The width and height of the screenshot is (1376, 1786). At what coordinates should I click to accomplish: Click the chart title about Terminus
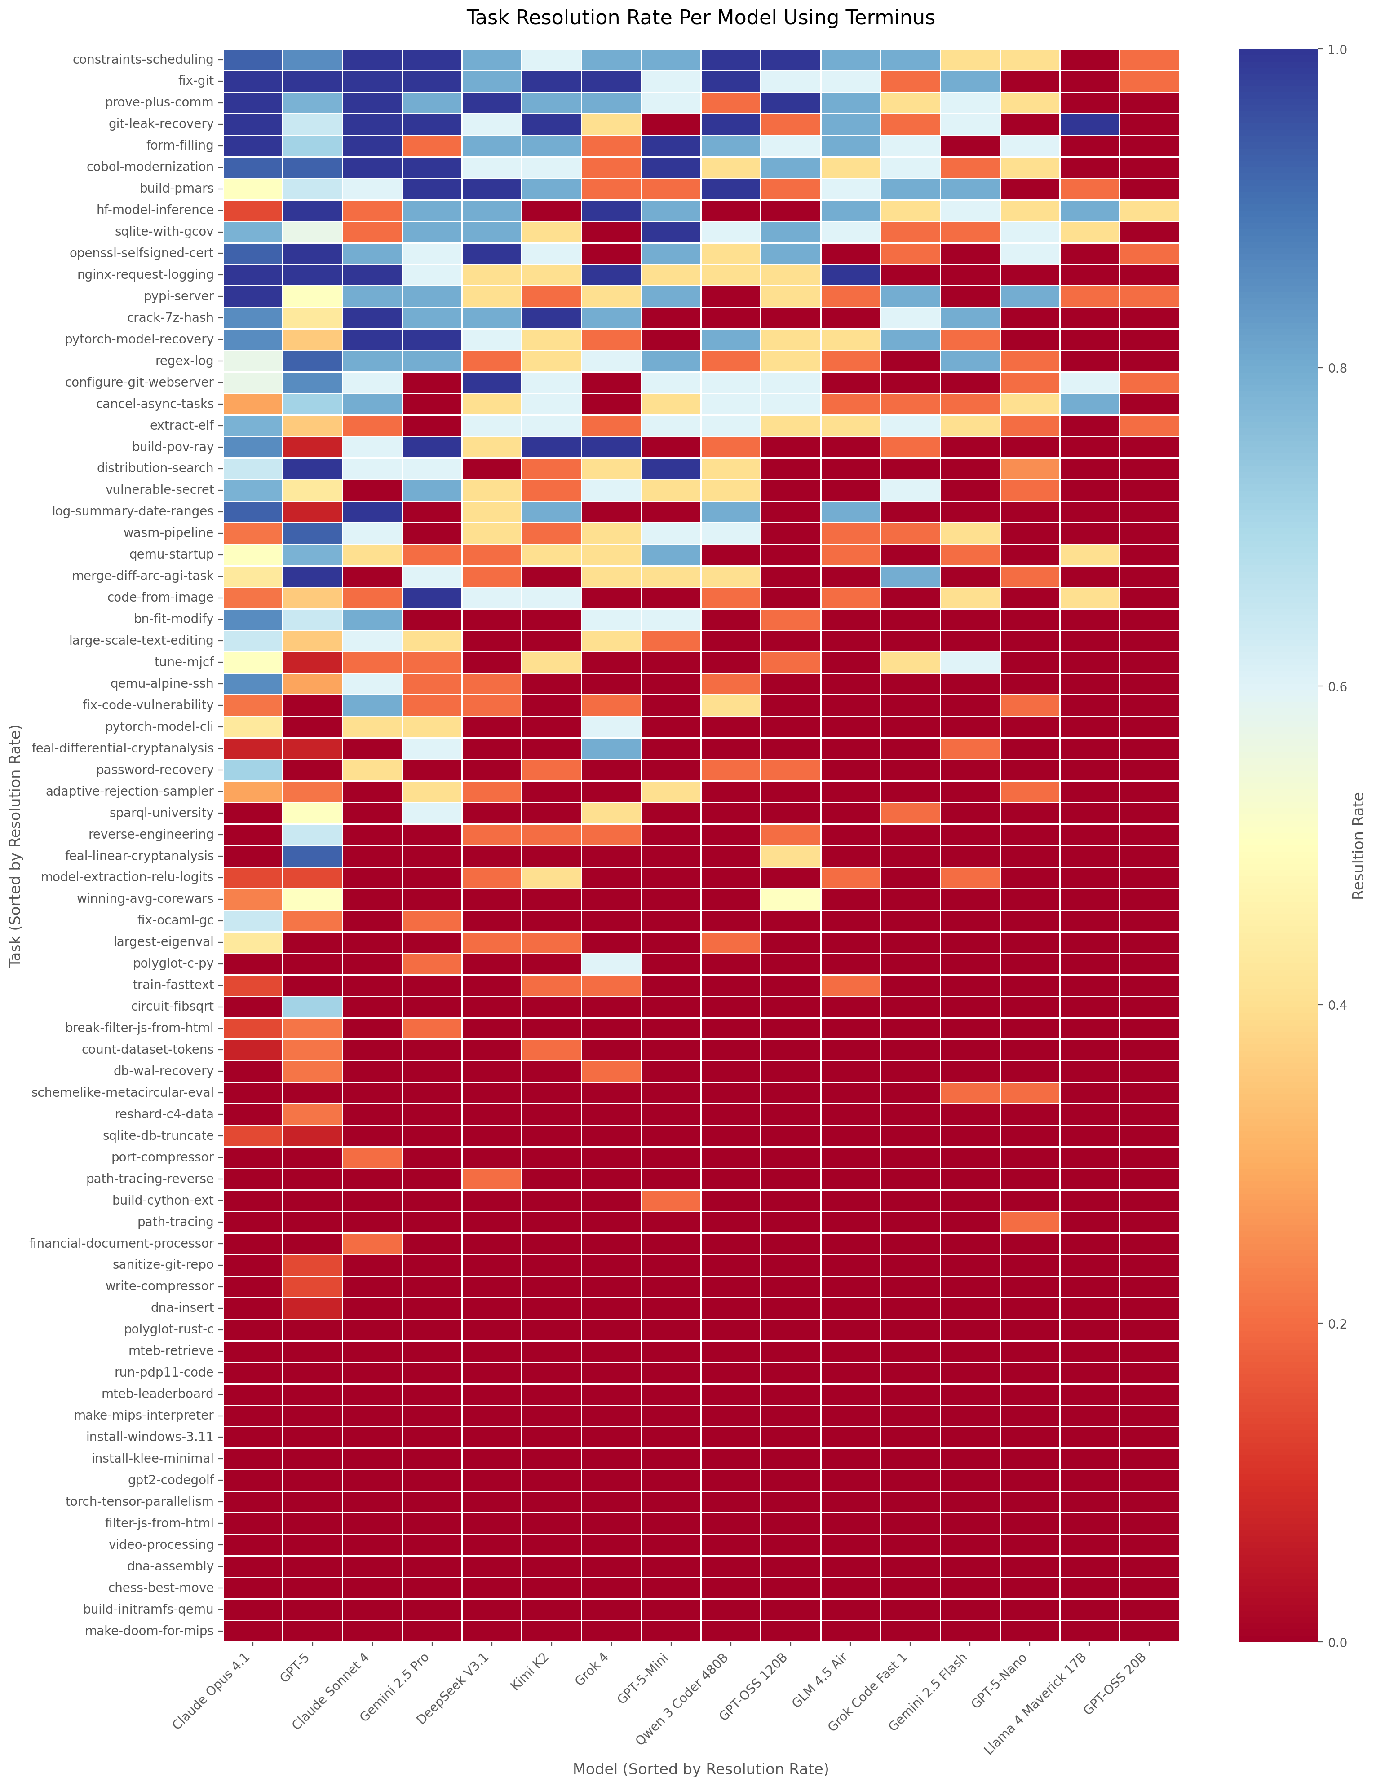point(700,18)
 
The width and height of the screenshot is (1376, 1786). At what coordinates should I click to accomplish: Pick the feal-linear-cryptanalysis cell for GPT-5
point(313,855)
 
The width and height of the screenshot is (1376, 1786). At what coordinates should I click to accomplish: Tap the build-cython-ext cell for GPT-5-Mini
point(671,1200)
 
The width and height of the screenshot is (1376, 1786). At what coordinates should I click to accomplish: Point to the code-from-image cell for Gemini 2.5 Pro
point(432,597)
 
